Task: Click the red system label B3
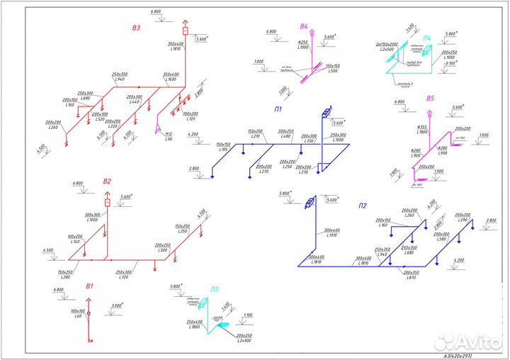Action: click(x=137, y=28)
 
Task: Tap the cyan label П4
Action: click(x=426, y=38)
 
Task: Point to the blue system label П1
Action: click(x=278, y=110)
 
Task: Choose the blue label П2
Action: click(x=362, y=206)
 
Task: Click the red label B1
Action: click(x=89, y=286)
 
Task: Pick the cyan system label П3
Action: click(x=214, y=289)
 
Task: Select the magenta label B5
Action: click(x=429, y=99)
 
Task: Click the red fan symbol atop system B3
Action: click(x=186, y=32)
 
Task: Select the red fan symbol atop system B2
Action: click(x=108, y=203)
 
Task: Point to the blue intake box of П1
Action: click(x=327, y=115)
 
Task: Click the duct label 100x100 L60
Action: click(x=77, y=313)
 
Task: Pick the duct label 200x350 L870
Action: click(x=410, y=275)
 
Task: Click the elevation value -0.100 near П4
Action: click(x=447, y=63)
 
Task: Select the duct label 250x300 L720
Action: click(x=125, y=275)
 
